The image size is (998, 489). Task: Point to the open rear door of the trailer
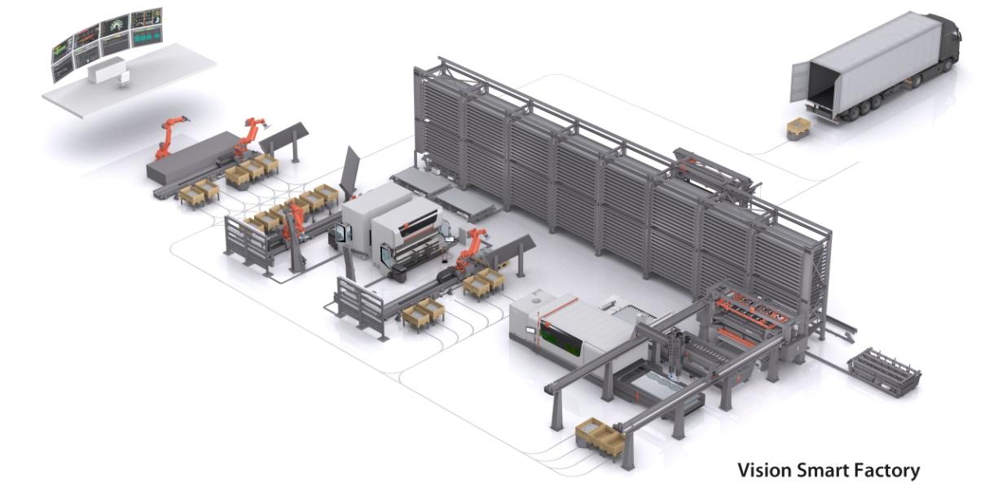pos(800,82)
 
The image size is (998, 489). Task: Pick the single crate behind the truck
pos(798,129)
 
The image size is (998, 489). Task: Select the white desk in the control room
pos(105,70)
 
